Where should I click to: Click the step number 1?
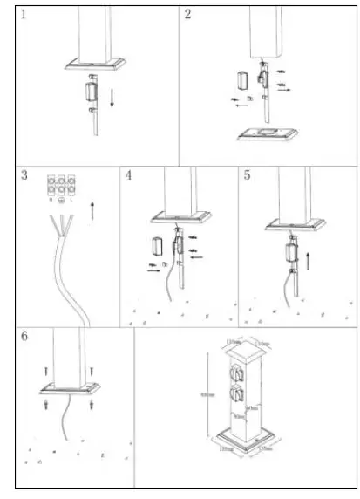(24, 15)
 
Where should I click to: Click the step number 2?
(187, 15)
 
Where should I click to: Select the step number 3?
(24, 176)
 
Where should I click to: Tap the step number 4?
(129, 175)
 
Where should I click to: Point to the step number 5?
(248, 175)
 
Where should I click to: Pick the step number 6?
(24, 336)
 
